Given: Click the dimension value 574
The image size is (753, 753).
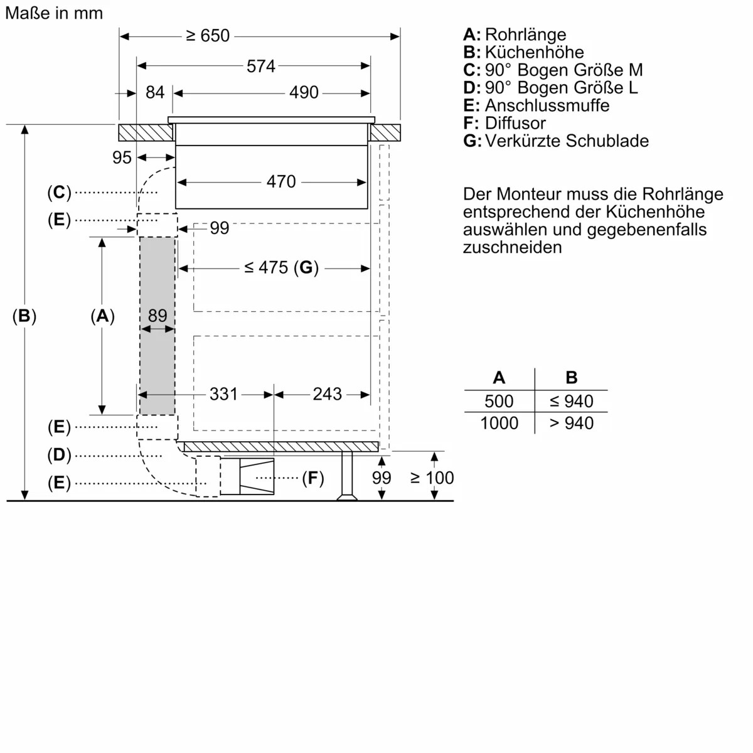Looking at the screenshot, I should (260, 66).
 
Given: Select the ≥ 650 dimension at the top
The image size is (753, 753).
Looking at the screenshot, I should (208, 36).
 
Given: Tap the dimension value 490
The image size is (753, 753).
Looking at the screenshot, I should (304, 93).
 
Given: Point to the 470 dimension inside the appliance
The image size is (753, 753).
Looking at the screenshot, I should (280, 181).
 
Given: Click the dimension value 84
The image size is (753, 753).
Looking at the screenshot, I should (154, 93).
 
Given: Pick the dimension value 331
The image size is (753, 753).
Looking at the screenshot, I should (223, 394).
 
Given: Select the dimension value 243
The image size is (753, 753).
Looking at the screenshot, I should (327, 394).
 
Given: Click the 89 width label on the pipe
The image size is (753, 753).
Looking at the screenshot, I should (157, 316).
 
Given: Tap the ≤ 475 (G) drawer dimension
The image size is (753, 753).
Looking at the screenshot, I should (281, 268).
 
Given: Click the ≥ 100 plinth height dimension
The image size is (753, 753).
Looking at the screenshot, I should (432, 478).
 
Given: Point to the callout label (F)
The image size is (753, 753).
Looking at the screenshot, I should (312, 479).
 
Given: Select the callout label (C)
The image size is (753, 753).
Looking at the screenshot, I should (59, 193).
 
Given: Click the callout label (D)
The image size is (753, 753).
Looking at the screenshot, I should (59, 455).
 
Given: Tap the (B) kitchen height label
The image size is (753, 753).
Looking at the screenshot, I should (24, 316).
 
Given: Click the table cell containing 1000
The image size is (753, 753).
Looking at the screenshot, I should (499, 424).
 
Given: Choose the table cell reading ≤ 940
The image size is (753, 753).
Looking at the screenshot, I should (571, 401).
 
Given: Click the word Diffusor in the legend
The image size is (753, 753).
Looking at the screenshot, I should (515, 123).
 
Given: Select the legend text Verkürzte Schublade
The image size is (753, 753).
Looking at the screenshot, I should (567, 141).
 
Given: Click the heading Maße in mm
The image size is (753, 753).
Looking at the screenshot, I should (53, 13).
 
